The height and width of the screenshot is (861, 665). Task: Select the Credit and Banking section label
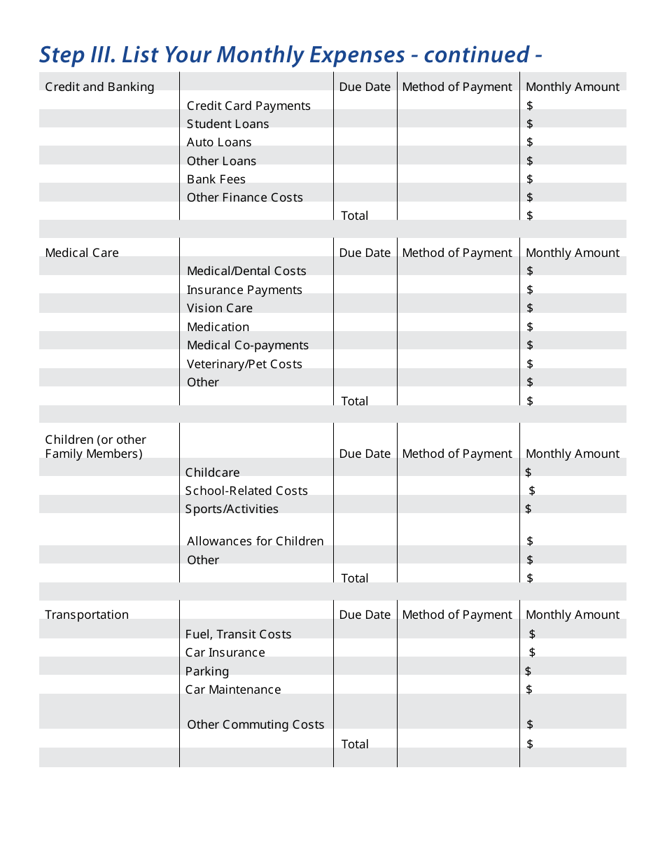pos(99,87)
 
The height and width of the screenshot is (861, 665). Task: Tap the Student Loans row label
pos(227,124)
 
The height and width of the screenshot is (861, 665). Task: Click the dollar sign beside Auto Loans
pos(530,142)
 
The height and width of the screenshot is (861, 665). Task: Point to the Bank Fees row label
pos(216,179)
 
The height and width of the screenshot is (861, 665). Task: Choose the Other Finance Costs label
pos(244,197)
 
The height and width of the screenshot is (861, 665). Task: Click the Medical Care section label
pos(82,253)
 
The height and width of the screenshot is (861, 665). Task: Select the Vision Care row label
pos(219,308)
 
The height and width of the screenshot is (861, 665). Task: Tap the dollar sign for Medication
pos(530,327)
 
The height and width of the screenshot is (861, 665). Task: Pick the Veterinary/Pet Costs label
pos(244,364)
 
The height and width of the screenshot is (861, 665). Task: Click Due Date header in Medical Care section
pos(365,253)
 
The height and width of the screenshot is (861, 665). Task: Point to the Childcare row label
pos(212,472)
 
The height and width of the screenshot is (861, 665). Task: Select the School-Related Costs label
pos(246,491)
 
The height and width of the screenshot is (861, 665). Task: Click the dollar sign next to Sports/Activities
pos(528,509)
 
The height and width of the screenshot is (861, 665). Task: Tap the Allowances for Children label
pos(255,541)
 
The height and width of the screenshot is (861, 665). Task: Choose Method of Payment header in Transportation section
pos(457,615)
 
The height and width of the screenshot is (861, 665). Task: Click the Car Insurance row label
pos(225,652)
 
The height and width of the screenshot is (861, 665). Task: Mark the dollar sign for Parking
pos(528,671)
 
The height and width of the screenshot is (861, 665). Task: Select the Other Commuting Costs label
pos(255,724)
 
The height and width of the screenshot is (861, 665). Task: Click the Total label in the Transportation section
pos(354,744)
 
